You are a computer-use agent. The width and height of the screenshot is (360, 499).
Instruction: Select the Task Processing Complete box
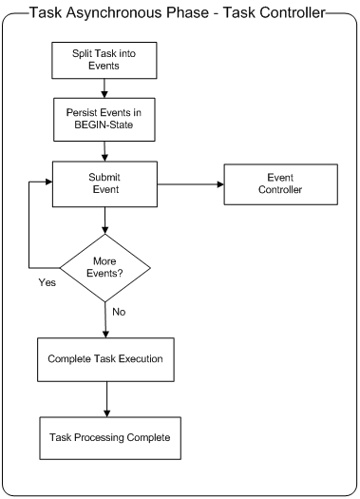[104, 437]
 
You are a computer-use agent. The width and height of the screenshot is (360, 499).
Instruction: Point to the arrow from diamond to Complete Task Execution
[104, 321]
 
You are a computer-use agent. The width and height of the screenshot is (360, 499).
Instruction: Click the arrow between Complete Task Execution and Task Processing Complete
[104, 400]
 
